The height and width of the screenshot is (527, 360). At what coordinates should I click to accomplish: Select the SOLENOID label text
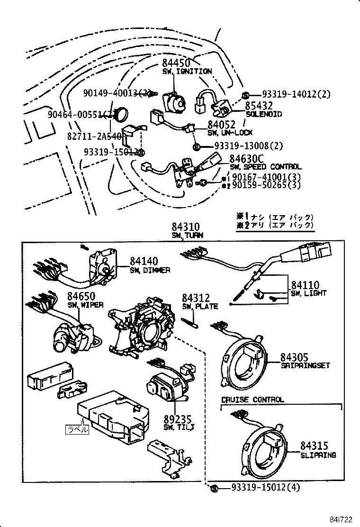point(264,114)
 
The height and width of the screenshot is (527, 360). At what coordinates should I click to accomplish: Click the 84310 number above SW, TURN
point(186,227)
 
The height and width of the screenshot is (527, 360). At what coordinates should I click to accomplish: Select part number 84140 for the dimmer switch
point(144,262)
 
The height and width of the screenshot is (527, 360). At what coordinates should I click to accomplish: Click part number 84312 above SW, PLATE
point(196,298)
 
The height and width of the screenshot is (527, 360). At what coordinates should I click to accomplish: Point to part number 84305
point(294,357)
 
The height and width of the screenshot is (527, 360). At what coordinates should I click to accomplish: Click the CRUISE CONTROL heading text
point(252,400)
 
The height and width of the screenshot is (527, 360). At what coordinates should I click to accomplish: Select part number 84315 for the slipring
point(314,446)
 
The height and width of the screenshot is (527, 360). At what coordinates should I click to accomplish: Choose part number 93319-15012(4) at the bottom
point(266,488)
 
